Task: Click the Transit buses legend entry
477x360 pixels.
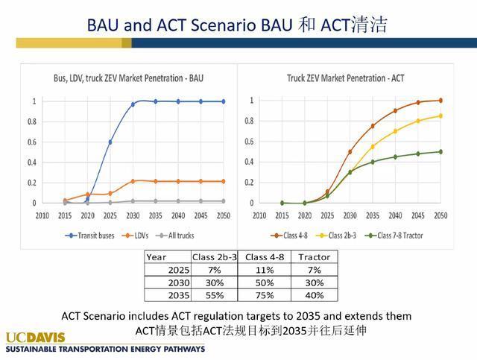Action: pos(89,236)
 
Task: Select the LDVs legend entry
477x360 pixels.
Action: pos(135,236)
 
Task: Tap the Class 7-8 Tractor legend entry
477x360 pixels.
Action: pos(394,236)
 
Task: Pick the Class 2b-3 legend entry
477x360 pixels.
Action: pos(336,236)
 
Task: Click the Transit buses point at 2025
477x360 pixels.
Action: pos(110,142)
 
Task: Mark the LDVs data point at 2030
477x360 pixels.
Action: pos(133,181)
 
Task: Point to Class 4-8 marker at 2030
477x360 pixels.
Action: pos(350,152)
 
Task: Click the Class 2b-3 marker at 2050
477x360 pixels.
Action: pos(440,116)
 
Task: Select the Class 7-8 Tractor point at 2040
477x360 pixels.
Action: pos(395,157)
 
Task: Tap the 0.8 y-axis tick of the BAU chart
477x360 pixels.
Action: pos(32,121)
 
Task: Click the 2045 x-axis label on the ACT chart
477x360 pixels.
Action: pos(417,215)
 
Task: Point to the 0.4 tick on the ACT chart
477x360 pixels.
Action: pos(249,162)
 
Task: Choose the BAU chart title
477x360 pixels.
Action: pos(128,78)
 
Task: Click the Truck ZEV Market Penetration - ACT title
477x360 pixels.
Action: pos(346,78)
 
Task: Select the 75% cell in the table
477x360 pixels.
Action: pos(265,295)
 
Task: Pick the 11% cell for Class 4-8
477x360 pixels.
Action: pos(265,270)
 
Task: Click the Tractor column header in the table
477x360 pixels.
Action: pos(315,257)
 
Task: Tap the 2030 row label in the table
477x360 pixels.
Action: pos(179,283)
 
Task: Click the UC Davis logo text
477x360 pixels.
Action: pos(35,338)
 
